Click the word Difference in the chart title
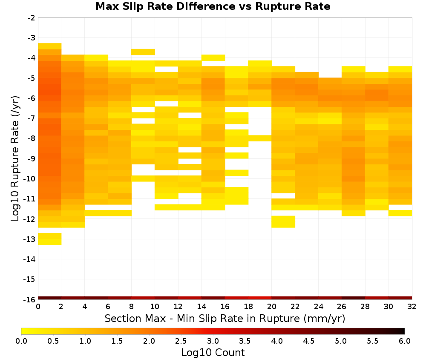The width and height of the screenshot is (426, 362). click(x=205, y=6)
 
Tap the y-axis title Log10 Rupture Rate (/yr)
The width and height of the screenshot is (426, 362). click(x=15, y=158)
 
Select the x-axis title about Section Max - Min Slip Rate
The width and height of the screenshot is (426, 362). click(x=225, y=318)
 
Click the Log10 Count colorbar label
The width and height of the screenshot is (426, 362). click(x=213, y=353)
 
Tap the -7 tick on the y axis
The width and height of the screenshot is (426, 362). click(x=31, y=118)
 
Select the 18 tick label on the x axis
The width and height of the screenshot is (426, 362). click(x=248, y=307)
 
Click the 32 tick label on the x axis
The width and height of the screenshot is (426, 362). click(x=412, y=307)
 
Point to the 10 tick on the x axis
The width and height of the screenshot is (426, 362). click(x=155, y=307)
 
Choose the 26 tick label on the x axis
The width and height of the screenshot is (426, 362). click(x=342, y=307)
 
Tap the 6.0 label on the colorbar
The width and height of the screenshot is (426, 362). click(x=405, y=341)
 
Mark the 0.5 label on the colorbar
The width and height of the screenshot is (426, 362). click(x=53, y=341)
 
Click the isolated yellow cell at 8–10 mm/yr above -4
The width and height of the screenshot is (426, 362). click(x=143, y=52)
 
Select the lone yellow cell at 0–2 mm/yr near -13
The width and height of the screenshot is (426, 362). click(x=50, y=239)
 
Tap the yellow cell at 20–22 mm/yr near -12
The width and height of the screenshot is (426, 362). click(x=283, y=221)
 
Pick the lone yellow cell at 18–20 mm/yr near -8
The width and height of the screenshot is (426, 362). click(x=260, y=138)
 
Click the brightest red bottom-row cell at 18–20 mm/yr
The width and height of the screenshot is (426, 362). click(x=260, y=298)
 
